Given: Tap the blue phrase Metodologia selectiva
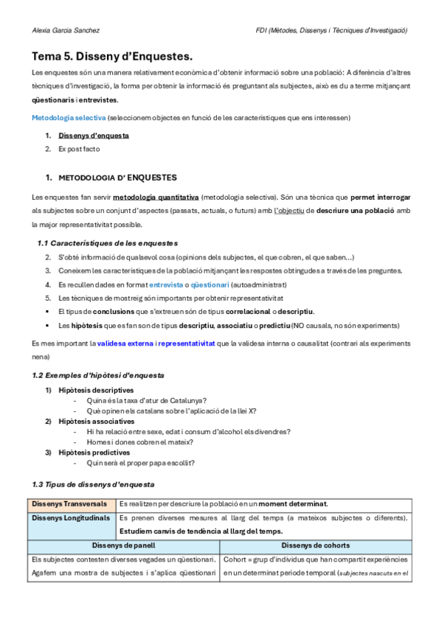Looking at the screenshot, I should click(68, 118).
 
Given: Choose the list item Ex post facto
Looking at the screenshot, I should click(79, 149).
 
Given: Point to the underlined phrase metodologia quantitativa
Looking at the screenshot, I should click(156, 198).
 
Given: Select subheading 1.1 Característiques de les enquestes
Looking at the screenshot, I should click(107, 243).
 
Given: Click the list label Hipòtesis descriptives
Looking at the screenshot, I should click(96, 390).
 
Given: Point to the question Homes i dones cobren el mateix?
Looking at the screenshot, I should click(139, 442).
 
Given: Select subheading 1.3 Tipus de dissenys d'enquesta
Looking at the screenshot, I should click(93, 484).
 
